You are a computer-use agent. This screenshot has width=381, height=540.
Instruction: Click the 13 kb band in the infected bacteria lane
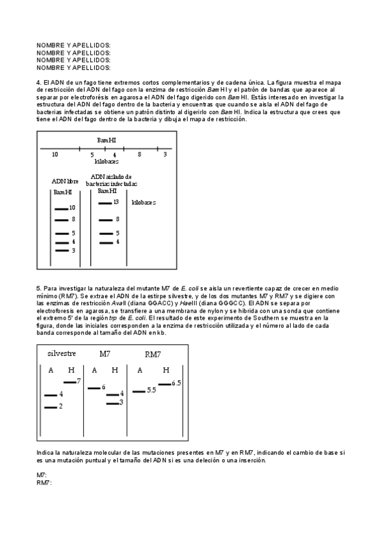click(x=105, y=202)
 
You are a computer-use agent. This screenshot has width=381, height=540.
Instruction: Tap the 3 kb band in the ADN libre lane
click(x=61, y=250)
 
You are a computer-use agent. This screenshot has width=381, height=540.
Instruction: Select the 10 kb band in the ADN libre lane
click(x=61, y=208)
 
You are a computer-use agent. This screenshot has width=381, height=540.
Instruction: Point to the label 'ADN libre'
click(x=65, y=181)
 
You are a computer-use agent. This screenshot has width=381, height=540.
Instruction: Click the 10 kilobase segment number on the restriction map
click(x=55, y=155)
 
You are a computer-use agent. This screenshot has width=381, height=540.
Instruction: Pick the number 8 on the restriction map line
click(x=139, y=155)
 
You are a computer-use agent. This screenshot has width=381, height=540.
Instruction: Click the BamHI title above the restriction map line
click(x=106, y=139)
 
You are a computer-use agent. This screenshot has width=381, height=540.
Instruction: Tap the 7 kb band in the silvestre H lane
click(x=70, y=381)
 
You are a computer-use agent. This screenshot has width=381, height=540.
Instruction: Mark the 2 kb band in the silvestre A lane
click(x=51, y=406)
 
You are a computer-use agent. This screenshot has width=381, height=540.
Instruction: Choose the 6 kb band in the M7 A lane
click(x=94, y=387)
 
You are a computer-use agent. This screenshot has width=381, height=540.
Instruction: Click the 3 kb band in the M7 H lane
click(x=113, y=402)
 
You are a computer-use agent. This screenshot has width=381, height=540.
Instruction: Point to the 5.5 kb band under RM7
click(x=139, y=390)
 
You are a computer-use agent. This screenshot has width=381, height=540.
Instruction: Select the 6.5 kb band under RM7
click(x=164, y=383)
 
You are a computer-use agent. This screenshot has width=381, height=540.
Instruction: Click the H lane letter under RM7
click(x=166, y=370)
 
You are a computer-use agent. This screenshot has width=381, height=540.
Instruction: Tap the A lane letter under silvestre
click(x=50, y=370)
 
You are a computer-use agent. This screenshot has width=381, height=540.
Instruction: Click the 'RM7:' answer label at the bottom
click(x=44, y=482)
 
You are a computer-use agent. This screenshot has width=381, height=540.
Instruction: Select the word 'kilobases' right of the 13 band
click(x=144, y=202)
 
